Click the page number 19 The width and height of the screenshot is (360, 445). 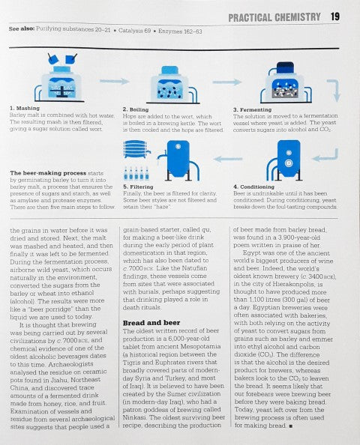[334, 16]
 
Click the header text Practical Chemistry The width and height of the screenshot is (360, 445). [274, 16]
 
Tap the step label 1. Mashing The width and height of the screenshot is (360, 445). [26, 108]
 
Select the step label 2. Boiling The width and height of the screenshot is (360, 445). [137, 108]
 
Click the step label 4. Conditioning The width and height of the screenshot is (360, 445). [256, 186]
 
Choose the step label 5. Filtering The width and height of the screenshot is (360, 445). [139, 186]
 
